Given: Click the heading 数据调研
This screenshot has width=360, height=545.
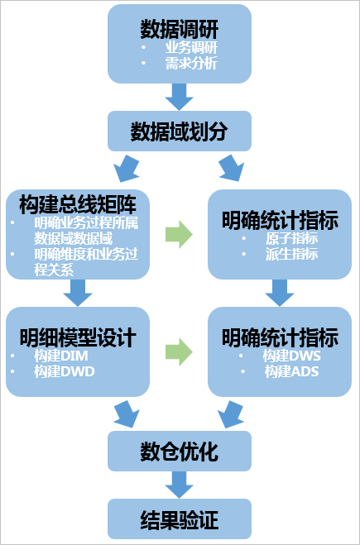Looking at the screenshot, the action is (180, 29).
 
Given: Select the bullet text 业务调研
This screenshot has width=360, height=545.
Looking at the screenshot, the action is (191, 47).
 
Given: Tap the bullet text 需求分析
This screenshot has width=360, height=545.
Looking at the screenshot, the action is (191, 63).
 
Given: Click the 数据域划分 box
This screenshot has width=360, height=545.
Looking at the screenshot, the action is (180, 131).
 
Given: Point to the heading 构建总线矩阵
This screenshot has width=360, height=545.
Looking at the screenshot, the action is (78, 205).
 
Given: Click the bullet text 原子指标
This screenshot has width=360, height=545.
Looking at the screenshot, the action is (291, 238).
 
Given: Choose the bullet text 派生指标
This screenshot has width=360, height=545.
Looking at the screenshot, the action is (291, 253).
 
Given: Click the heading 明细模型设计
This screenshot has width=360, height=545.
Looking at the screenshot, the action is (78, 337).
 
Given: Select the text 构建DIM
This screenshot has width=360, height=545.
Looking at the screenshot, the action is (61, 356).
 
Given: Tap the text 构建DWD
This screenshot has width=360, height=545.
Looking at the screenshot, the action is (65, 371).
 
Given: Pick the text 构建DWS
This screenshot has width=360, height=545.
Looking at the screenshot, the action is (291, 356).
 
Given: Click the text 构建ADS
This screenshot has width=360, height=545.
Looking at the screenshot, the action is (291, 371).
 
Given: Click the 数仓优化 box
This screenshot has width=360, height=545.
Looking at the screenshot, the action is (180, 452).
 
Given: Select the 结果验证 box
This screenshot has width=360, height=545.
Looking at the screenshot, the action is (180, 519).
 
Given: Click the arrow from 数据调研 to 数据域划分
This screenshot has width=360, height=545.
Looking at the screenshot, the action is (179, 97).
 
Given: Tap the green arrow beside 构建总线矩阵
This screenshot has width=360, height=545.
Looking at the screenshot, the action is (179, 234).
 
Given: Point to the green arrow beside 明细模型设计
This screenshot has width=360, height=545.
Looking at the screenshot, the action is (179, 351).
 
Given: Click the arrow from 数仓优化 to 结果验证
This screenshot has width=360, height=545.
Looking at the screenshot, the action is (179, 485).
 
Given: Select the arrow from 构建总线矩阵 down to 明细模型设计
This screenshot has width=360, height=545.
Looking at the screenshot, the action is (78, 293).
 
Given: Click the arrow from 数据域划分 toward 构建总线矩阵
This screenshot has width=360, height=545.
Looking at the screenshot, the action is (127, 168).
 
